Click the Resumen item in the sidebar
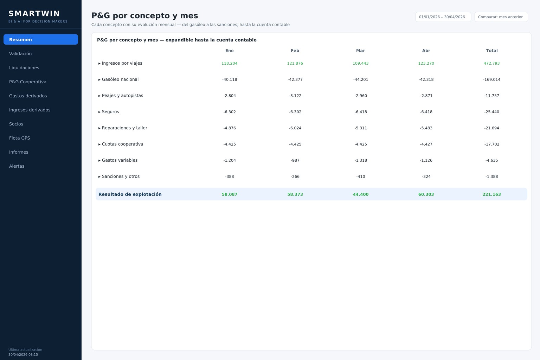(41, 39)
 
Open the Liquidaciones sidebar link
(24, 68)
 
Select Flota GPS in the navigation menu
(20, 138)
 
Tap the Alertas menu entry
(17, 166)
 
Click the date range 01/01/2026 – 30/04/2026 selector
(443, 17)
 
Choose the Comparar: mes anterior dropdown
(501, 17)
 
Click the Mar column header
(360, 51)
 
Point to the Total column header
(491, 51)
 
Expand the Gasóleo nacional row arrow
(99, 79)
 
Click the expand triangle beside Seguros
(99, 112)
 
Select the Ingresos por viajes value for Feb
(295, 63)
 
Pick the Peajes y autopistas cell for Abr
(426, 96)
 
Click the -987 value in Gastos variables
(295, 160)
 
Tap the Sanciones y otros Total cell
(491, 176)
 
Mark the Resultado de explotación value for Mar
(360, 194)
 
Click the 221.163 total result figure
(491, 194)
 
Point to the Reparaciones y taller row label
(124, 128)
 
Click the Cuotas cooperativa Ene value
(230, 144)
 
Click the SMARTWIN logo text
(34, 13)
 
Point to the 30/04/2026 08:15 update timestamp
(23, 355)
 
